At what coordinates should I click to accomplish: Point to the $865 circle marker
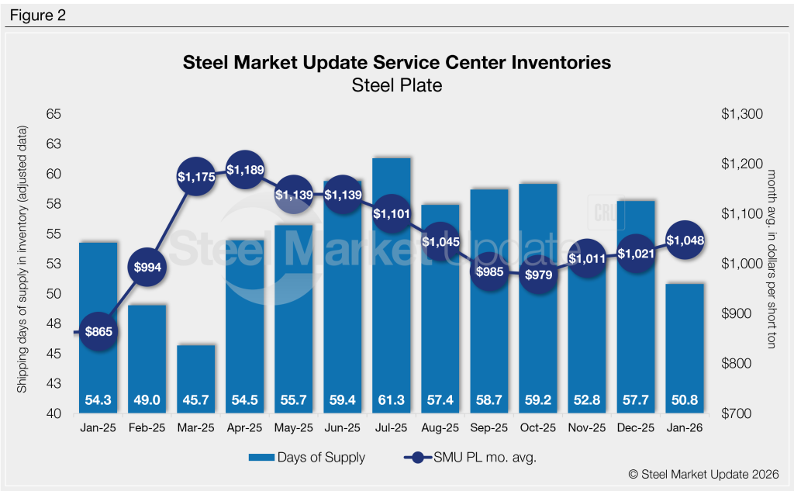click(98, 332)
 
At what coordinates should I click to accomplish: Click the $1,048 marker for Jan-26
click(685, 240)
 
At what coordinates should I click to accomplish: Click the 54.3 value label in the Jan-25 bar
click(98, 401)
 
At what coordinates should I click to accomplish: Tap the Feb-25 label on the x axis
click(147, 427)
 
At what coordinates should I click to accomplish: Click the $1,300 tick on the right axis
click(742, 114)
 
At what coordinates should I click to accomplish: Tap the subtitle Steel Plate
click(397, 85)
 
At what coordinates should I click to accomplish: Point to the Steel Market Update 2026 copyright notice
click(694, 475)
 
